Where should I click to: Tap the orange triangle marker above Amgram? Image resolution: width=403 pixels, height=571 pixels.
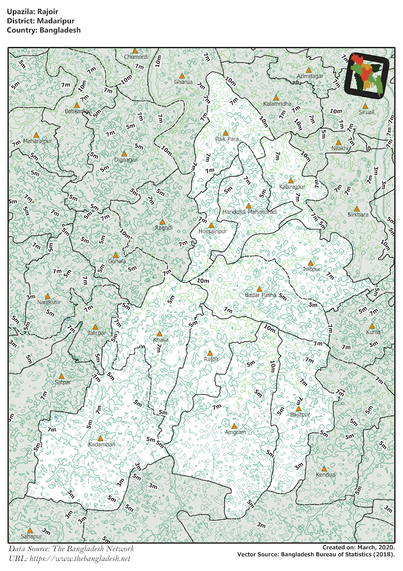(x=234, y=426)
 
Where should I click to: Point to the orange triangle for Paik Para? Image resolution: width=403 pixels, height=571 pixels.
(x=226, y=133)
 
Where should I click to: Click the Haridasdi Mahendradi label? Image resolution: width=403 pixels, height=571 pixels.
(x=249, y=211)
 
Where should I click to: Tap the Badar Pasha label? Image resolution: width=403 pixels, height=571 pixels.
(x=260, y=295)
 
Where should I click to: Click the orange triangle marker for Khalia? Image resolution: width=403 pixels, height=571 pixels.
(x=159, y=334)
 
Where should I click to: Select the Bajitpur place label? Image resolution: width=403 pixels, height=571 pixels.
(x=300, y=414)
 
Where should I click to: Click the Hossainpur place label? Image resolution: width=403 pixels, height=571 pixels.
(x=212, y=232)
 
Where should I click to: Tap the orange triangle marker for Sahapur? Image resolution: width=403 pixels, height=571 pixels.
(x=29, y=530)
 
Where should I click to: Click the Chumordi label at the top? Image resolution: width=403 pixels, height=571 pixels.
(x=136, y=57)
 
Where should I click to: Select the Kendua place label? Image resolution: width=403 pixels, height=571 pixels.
(x=326, y=475)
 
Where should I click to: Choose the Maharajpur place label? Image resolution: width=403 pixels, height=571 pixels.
(x=38, y=141)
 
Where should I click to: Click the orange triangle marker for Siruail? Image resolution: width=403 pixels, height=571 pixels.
(x=365, y=106)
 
